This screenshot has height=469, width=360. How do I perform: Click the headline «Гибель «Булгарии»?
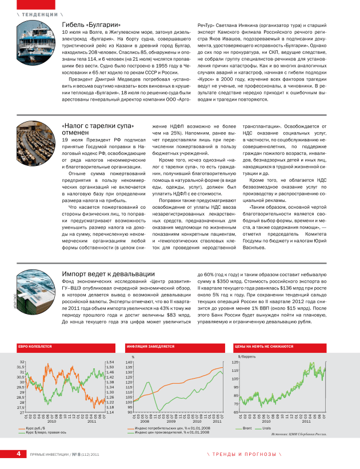click(x=91, y=25)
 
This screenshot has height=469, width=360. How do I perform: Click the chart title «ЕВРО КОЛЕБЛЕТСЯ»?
click(x=35, y=346)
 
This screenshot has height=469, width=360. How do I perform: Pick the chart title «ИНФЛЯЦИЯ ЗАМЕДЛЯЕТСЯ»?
click(x=151, y=346)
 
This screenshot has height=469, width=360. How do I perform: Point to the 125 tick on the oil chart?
click(x=235, y=362)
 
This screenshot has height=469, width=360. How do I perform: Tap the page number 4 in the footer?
click(x=18, y=454)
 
